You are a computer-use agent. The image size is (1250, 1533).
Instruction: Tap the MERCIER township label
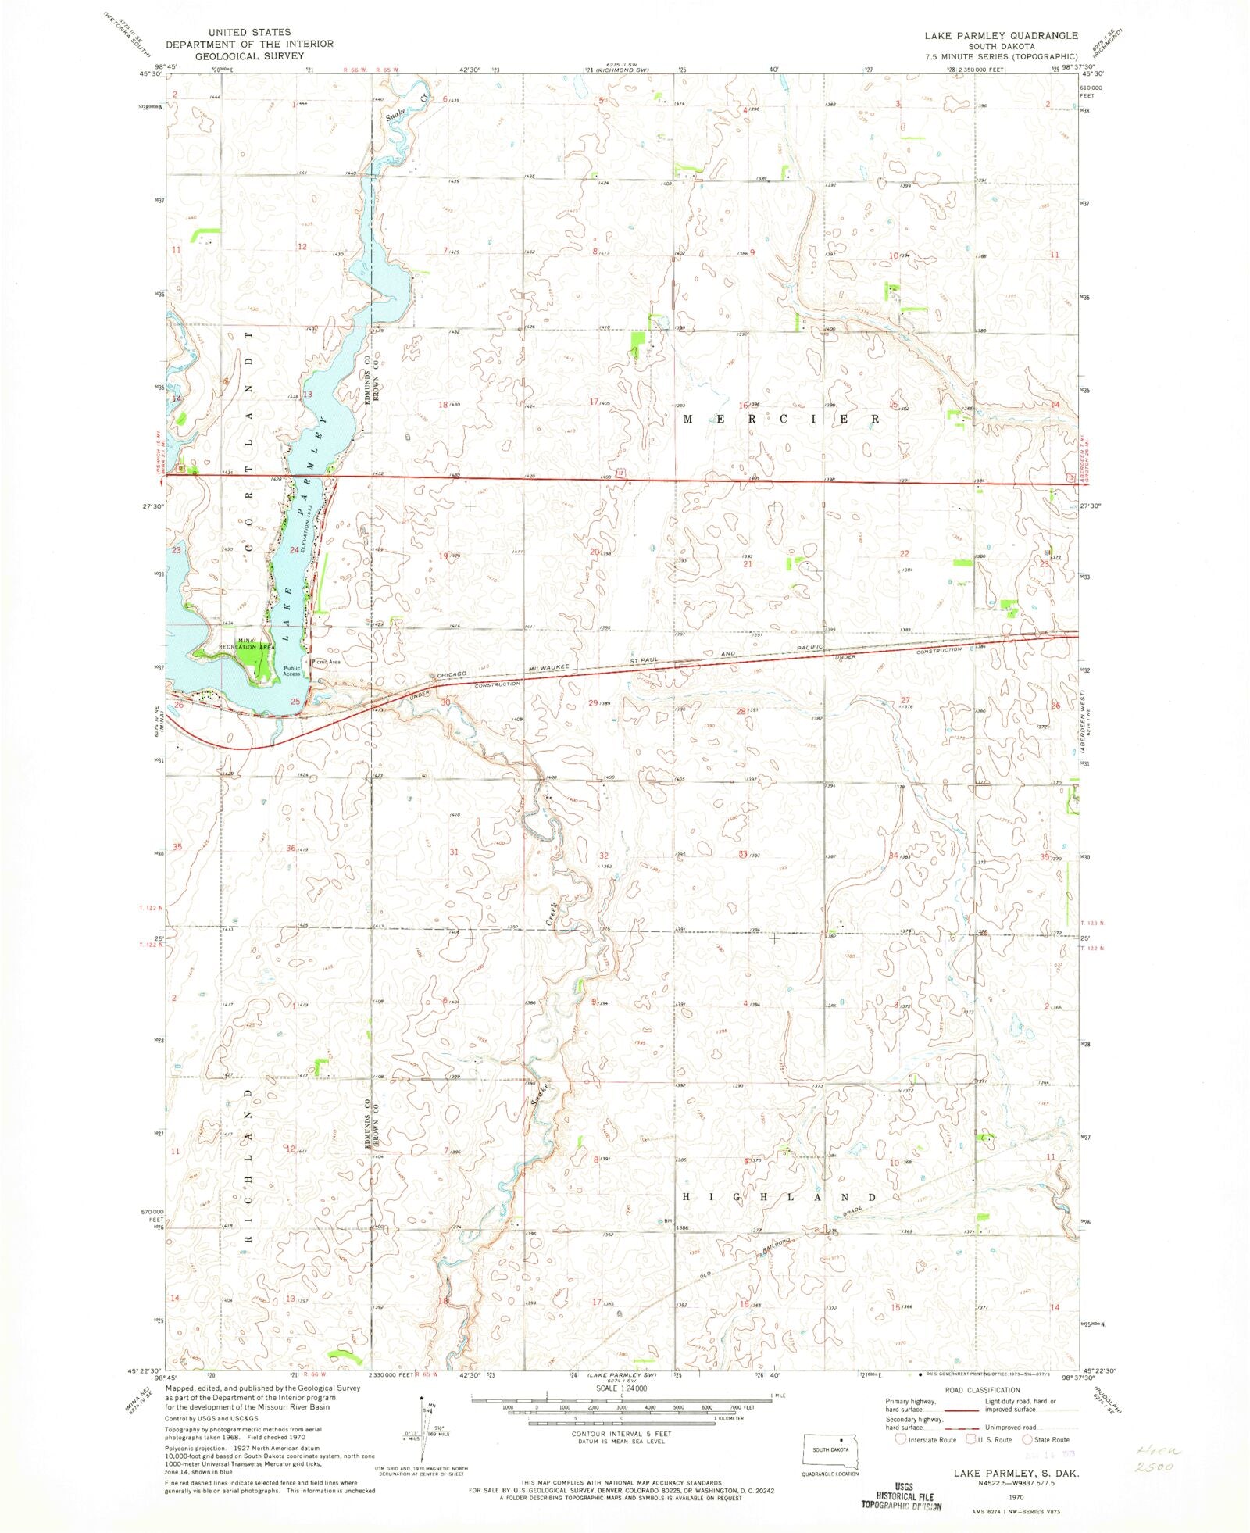(x=782, y=420)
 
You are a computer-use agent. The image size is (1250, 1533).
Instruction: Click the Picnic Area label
(x=326, y=662)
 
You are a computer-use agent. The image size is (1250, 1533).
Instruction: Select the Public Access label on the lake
(x=291, y=670)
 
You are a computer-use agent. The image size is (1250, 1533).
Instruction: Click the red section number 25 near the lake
(x=295, y=701)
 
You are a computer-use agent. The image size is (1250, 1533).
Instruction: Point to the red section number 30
(x=445, y=702)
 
